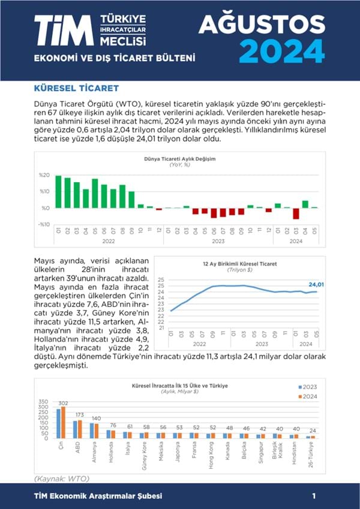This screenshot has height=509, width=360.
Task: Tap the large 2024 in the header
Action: click(282, 50)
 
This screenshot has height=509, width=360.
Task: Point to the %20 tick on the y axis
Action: click(44, 175)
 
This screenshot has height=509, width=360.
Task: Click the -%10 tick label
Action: click(43, 224)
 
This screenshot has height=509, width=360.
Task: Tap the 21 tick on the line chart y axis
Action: click(161, 328)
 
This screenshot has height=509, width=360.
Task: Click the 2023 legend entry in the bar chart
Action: click(308, 387)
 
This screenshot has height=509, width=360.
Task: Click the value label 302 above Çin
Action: click(62, 403)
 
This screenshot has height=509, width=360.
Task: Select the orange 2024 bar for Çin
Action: click(64, 423)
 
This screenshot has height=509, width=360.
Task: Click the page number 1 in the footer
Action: click(314, 496)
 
